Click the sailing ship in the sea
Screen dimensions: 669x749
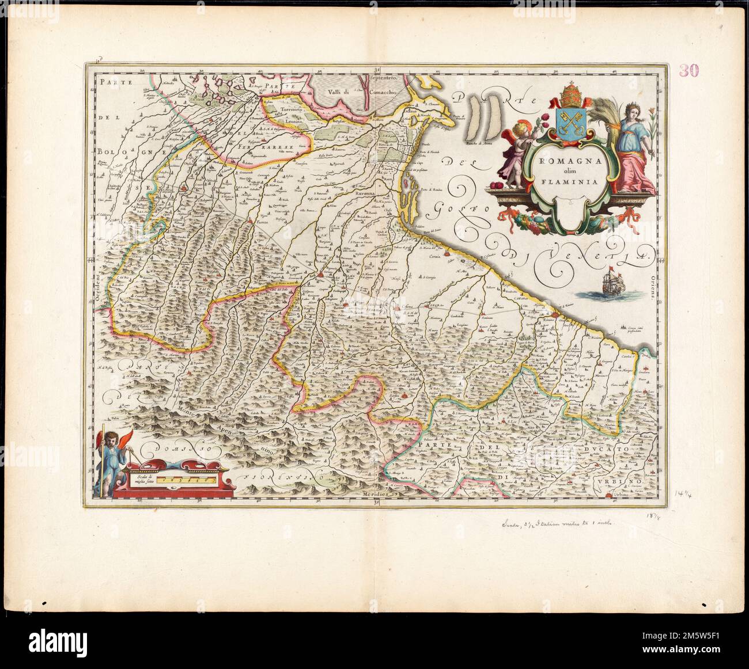click(x=612, y=285)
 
